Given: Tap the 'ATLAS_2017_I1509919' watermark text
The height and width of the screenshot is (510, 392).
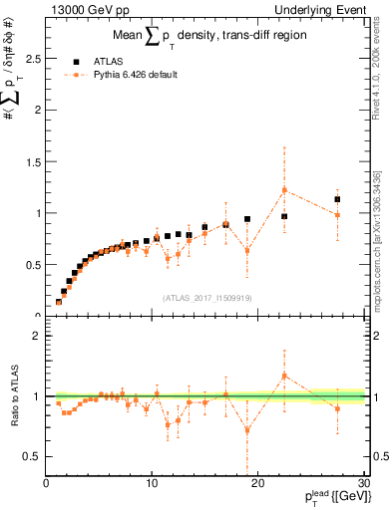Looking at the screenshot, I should (x=205, y=298).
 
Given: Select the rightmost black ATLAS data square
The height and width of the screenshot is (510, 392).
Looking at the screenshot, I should (x=337, y=199).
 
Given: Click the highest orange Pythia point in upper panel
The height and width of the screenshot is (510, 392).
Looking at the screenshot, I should (x=284, y=189).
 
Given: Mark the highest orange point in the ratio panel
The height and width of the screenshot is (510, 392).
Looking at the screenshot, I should (x=284, y=376).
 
